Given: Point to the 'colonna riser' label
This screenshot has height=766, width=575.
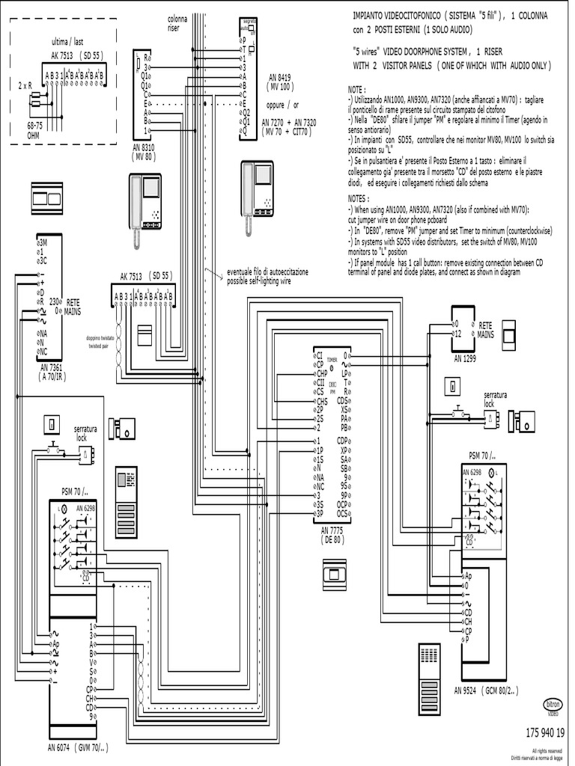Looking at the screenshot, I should [x=177, y=23].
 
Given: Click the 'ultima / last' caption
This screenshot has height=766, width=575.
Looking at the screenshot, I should [x=68, y=42].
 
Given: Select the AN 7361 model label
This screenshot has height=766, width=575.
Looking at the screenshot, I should [x=53, y=368].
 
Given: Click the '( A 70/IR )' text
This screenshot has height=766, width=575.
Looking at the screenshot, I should [x=53, y=378].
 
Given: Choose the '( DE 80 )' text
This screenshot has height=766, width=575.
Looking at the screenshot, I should [x=330, y=539].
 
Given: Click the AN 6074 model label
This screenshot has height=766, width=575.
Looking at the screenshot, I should [x=61, y=747].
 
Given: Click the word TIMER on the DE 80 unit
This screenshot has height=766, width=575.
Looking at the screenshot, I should [x=332, y=360].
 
